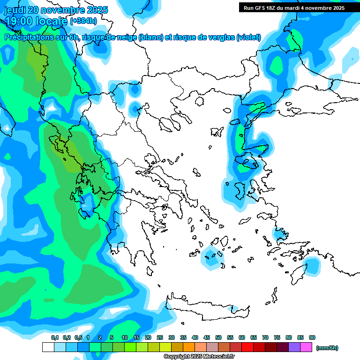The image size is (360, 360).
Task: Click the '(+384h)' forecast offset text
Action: click(83, 21)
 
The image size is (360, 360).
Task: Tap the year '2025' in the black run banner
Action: click(336, 8)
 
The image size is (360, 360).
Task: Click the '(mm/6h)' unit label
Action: click(327, 348)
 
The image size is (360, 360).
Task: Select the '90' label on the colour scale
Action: click(312, 337)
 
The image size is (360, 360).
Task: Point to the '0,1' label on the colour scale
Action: click(54, 337)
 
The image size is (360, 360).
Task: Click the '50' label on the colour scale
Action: click(218, 337)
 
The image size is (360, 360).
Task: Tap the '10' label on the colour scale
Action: click(125, 337)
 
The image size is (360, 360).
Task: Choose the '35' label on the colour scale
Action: click(183, 337)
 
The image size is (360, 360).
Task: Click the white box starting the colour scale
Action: click(48, 347)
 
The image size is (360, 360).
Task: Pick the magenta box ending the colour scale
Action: click(306, 347)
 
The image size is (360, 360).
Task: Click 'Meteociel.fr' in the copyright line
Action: click(215, 357)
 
